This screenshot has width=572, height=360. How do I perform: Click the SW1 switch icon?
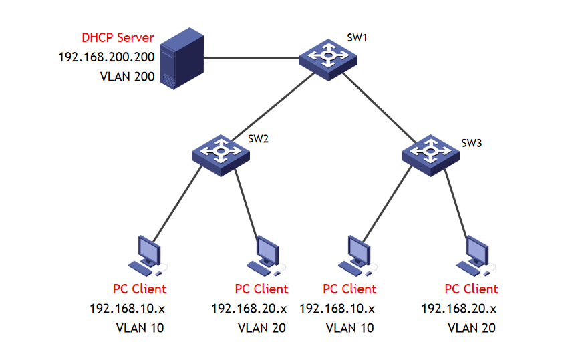327,58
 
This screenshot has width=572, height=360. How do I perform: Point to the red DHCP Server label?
118,38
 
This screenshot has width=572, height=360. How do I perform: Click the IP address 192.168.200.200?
106,57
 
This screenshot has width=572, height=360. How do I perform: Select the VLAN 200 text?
127,77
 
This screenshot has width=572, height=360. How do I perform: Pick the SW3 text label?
471,143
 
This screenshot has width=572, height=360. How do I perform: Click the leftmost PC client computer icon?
146,256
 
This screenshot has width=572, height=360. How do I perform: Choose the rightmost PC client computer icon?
476,256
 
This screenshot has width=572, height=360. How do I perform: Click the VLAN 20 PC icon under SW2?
265,256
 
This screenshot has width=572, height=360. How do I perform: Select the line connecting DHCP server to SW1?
251,59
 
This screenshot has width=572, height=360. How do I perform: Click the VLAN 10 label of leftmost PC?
140,328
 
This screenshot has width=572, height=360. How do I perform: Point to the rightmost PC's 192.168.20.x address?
459,308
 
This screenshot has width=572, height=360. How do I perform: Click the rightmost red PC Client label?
471,289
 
